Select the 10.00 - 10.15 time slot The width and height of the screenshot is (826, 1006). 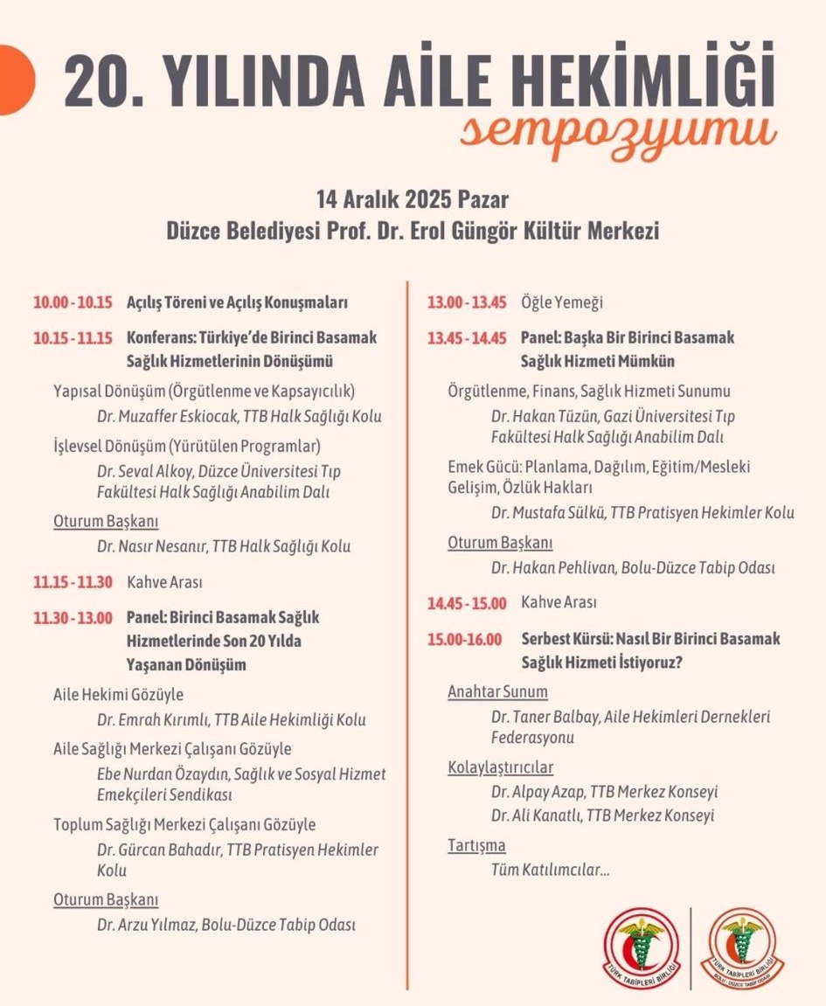(x=73, y=303)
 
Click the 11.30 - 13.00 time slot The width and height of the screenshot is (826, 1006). (x=73, y=618)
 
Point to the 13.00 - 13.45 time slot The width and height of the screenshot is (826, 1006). (x=467, y=303)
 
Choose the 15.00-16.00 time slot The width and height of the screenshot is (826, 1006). (x=465, y=639)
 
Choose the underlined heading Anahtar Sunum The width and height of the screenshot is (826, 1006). (x=497, y=692)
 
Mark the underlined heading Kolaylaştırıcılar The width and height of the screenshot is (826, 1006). (x=500, y=768)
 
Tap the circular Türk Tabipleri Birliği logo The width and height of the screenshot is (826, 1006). (x=642, y=949)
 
